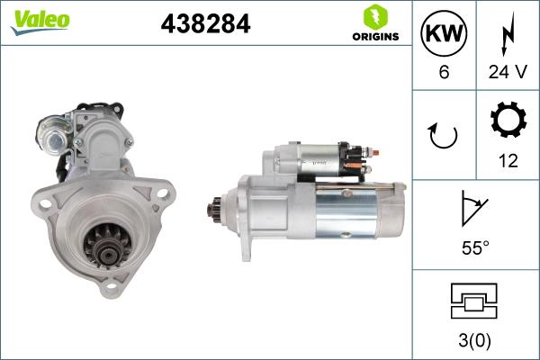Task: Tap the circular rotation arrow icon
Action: click(444, 135)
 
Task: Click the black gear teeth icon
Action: click(507, 121)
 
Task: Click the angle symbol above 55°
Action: click(475, 207)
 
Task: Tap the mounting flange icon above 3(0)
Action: click(475, 301)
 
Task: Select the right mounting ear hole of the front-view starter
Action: click(164, 190)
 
